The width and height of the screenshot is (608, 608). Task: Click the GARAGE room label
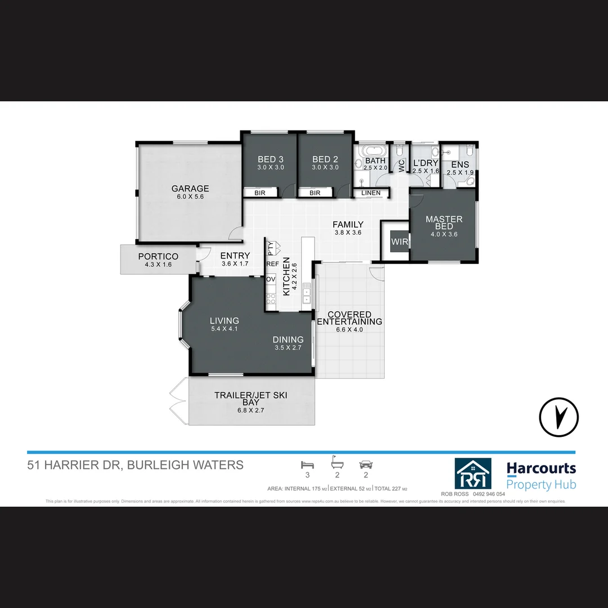click(190, 189)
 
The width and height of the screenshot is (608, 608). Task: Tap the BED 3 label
click(270, 159)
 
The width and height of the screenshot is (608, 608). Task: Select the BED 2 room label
click(325, 159)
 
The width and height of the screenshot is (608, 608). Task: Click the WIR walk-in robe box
click(399, 242)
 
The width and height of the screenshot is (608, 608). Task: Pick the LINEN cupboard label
click(371, 193)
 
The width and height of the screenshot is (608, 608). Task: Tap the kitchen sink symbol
click(306, 292)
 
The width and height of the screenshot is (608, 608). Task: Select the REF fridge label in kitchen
click(272, 263)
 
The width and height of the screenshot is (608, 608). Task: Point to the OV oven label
click(271, 279)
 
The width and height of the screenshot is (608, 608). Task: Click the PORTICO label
click(158, 256)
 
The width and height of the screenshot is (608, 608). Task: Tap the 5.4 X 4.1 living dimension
click(224, 329)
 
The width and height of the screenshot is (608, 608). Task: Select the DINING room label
click(288, 339)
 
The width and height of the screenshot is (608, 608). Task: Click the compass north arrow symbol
click(559, 417)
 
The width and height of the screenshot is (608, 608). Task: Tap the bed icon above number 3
click(307, 464)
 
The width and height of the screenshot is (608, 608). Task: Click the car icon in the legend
click(366, 465)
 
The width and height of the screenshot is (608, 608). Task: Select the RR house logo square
click(473, 473)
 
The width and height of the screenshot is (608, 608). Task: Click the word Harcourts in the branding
click(541, 468)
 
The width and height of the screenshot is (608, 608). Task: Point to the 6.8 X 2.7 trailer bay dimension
click(251, 410)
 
